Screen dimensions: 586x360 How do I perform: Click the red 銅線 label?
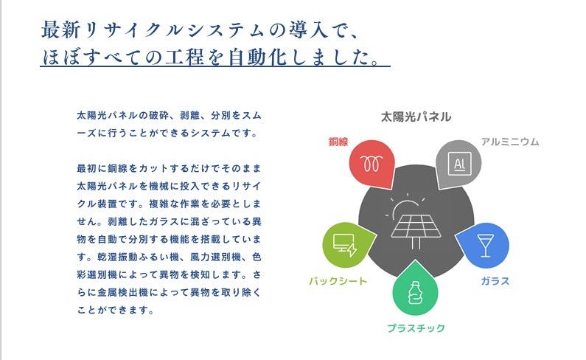[x=338, y=142]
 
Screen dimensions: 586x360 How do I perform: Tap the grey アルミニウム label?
[x=510, y=142]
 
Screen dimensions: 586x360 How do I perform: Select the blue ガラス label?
[x=495, y=281]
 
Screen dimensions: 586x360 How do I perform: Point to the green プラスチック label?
[x=416, y=328]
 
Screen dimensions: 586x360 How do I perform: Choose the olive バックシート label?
[x=338, y=281]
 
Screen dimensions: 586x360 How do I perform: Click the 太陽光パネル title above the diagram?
[x=416, y=117]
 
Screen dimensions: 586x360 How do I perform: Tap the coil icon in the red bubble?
[x=371, y=164]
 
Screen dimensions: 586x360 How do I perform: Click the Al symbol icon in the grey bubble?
[x=459, y=164]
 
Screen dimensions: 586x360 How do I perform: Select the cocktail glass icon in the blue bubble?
[x=486, y=246]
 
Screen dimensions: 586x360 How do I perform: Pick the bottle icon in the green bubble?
[x=415, y=292]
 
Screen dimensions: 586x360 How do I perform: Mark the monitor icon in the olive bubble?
[x=344, y=245]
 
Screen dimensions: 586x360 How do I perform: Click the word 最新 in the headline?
[x=60, y=30]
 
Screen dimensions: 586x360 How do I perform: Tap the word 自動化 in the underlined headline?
[x=257, y=57]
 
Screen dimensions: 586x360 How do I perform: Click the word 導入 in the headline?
[x=309, y=30]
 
